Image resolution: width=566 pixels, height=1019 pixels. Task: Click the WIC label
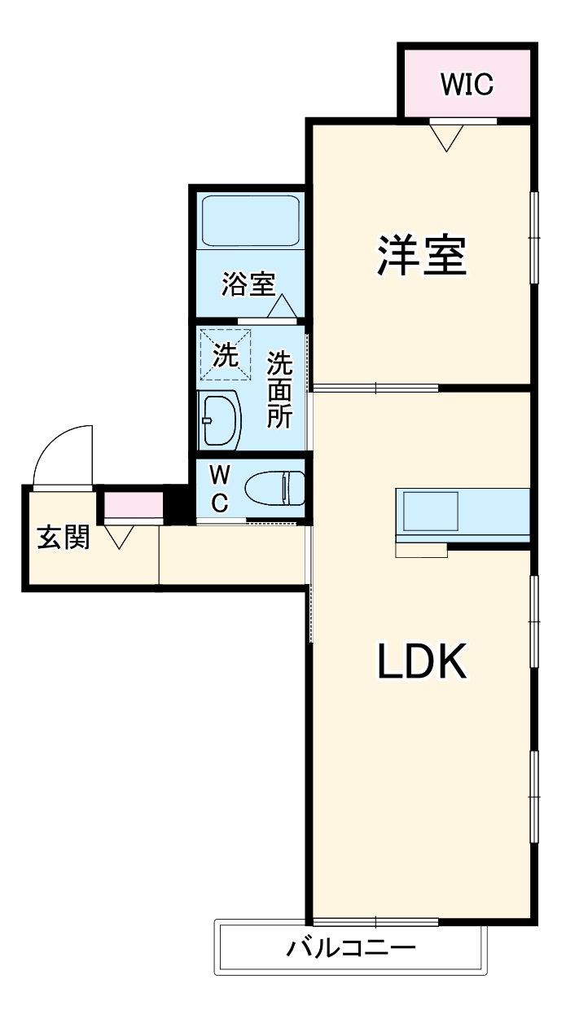[467, 84]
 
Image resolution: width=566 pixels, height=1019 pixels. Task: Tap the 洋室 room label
[421, 256]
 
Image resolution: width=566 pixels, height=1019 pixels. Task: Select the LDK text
[421, 661]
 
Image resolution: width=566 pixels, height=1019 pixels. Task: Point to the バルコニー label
[351, 948]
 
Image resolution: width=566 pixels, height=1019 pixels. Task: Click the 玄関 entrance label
[63, 538]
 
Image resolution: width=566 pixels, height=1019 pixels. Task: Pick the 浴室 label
[247, 284]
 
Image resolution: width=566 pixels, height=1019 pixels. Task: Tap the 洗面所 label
[279, 389]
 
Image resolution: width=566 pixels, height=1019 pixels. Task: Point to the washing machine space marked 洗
[225, 354]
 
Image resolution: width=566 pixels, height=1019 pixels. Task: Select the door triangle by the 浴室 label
[282, 306]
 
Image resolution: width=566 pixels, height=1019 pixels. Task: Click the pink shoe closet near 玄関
[133, 506]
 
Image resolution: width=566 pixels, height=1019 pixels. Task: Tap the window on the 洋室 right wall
[535, 237]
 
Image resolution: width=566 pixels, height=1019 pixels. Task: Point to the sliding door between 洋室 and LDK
[375, 388]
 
